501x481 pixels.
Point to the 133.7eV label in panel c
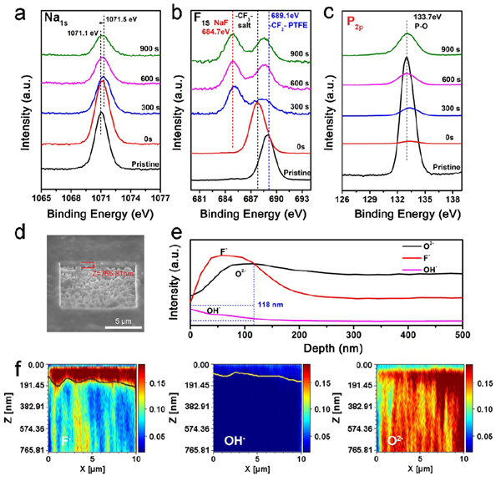coord(414,15)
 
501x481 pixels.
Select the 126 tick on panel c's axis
coord(343,200)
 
